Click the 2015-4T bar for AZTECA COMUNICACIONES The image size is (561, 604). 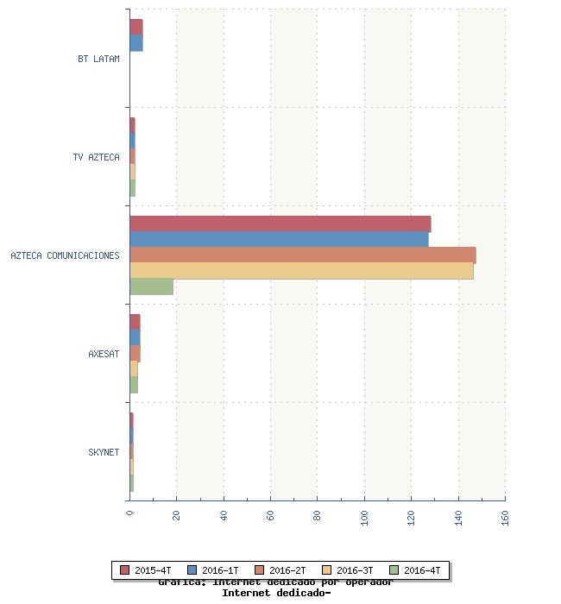(280, 224)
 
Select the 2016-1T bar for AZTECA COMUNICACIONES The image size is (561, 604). (279, 240)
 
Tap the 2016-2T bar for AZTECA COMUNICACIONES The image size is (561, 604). (302, 255)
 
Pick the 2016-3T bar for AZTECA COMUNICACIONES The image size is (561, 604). (301, 271)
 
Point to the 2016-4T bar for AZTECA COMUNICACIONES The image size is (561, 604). (151, 286)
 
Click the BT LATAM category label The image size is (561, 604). (98, 60)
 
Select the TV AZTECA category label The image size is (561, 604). (97, 158)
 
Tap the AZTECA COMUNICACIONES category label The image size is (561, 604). (65, 256)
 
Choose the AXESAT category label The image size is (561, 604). (104, 355)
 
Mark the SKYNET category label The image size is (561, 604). (104, 453)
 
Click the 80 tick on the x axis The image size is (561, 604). (318, 516)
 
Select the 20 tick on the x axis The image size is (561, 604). (177, 516)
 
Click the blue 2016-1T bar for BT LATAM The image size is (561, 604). (136, 43)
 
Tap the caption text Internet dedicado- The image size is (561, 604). (276, 594)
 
